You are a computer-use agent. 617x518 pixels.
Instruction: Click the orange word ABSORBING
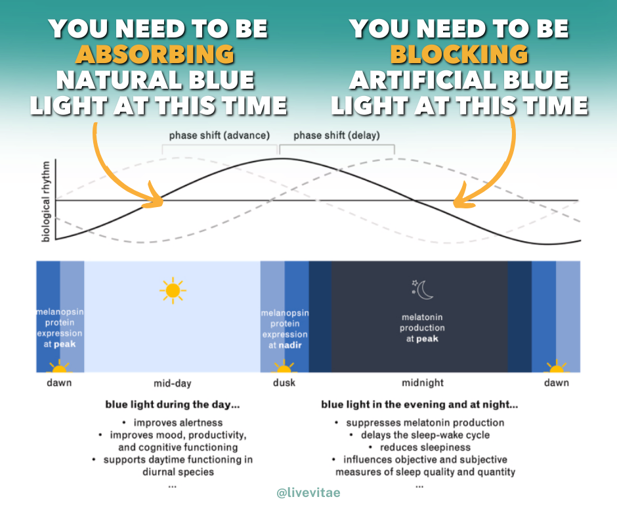tap(154, 54)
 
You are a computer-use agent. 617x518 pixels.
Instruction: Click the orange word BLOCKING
tap(459, 54)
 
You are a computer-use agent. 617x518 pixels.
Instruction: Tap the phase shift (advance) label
tap(219, 135)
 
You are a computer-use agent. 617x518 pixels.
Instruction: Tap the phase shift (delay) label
tap(336, 135)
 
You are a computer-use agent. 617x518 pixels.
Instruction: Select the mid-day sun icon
tap(173, 290)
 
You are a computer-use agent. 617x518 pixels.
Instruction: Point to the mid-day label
tap(172, 383)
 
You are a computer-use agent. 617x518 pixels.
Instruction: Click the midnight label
tap(422, 383)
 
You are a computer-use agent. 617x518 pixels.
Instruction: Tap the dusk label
tap(284, 383)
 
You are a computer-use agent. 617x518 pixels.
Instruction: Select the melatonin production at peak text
tap(422, 328)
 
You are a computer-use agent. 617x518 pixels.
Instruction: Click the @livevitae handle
tap(308, 492)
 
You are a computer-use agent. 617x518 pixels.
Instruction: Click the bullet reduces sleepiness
tap(421, 447)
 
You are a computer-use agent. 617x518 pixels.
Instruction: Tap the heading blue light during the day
tap(172, 405)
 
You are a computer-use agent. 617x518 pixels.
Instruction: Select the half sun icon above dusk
tap(284, 367)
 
